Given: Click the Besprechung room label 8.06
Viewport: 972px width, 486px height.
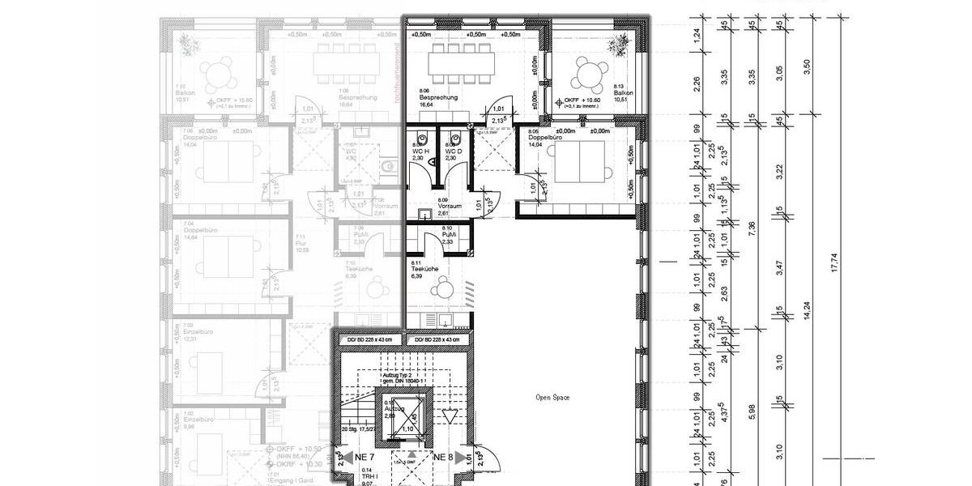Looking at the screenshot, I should pyautogui.click(x=437, y=97).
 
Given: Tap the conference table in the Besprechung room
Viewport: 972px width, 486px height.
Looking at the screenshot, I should pyautogui.click(x=460, y=60).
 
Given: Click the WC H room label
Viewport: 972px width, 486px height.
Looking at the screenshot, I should pyautogui.click(x=418, y=151).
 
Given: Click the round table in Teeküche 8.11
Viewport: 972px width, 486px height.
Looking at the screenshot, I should pyautogui.click(x=446, y=288).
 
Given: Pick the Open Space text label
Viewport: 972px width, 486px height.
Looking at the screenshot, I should pyautogui.click(x=552, y=398).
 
